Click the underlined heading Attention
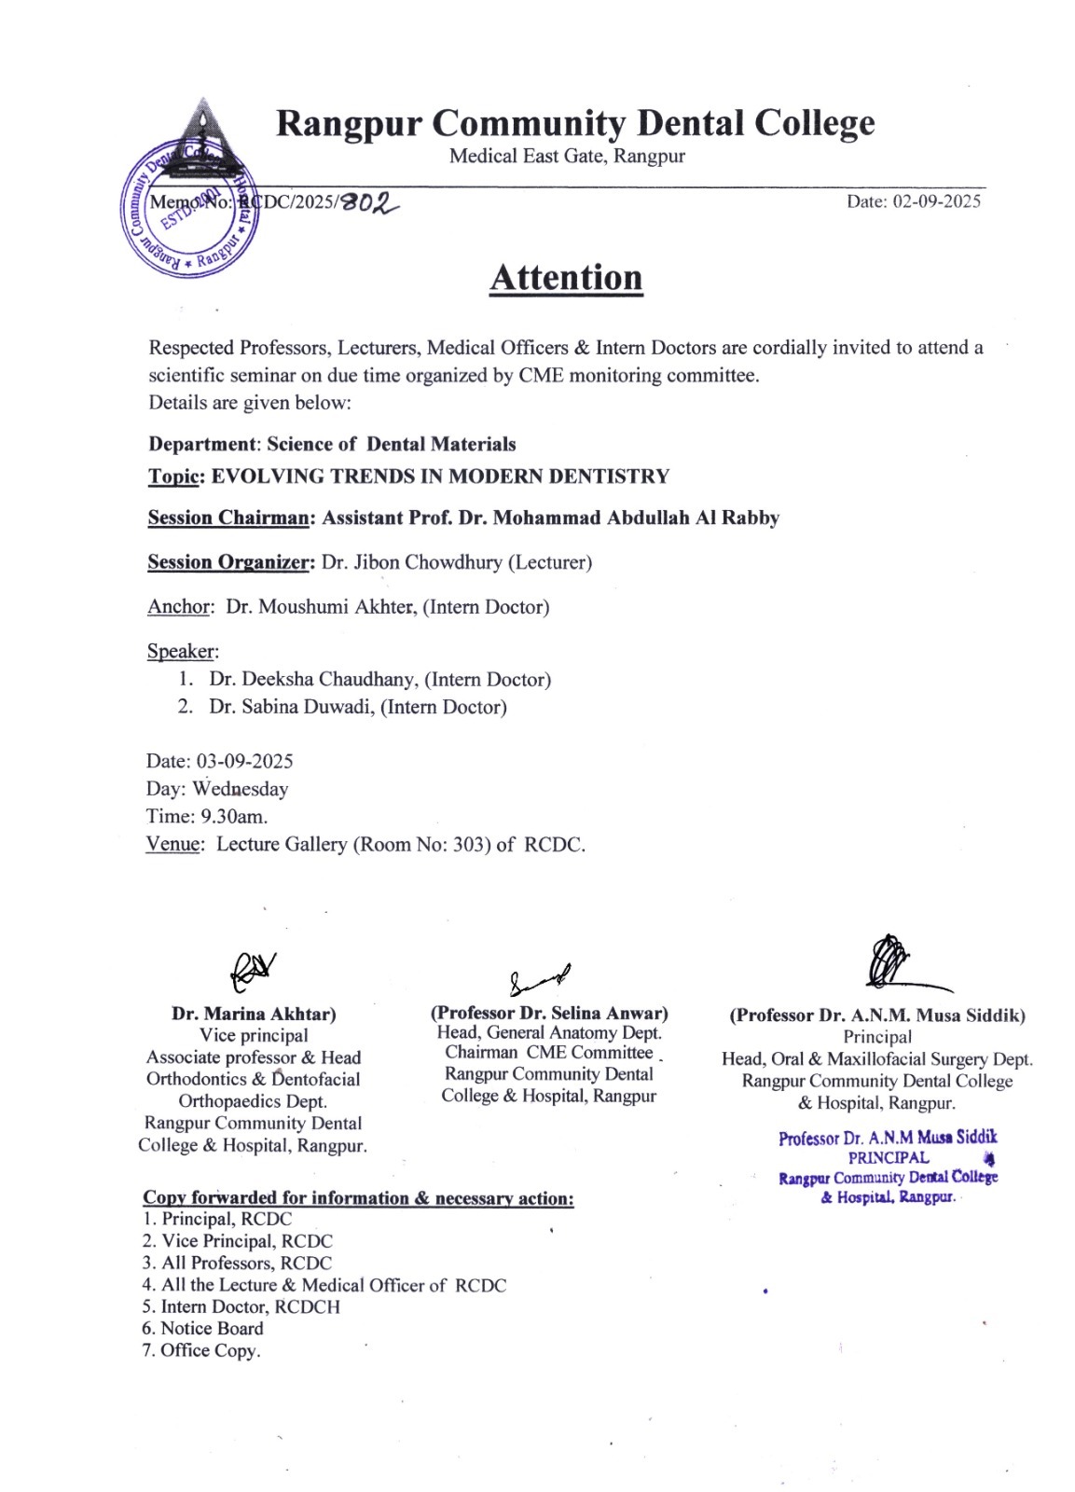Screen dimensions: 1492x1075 click(566, 278)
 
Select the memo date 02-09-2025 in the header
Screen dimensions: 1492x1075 click(936, 201)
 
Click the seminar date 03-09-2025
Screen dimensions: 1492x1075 click(244, 761)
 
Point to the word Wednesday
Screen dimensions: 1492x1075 click(241, 789)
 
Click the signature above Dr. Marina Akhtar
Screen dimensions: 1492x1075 click(252, 971)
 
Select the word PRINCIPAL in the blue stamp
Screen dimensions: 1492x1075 click(889, 1157)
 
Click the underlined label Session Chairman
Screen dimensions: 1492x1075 click(228, 518)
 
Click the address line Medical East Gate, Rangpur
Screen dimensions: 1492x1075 click(567, 156)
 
